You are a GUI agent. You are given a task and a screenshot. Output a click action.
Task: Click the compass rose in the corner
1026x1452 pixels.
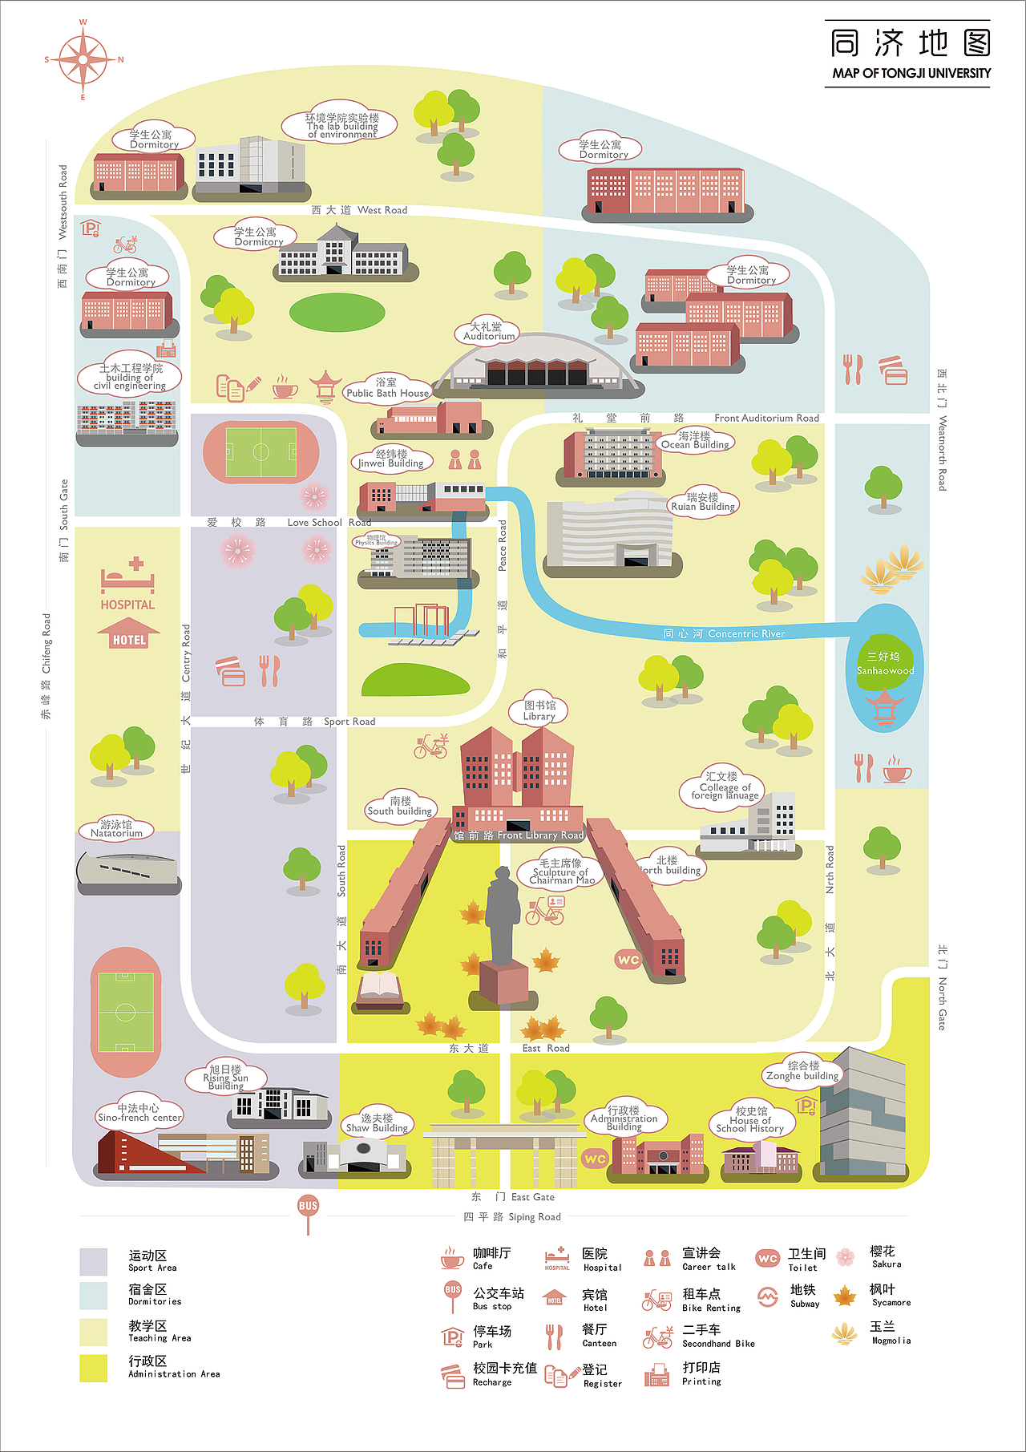coord(83,59)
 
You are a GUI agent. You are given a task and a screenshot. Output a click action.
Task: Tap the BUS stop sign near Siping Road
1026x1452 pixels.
coord(308,1207)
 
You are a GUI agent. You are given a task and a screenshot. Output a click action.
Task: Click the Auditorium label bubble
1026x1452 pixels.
coord(487,332)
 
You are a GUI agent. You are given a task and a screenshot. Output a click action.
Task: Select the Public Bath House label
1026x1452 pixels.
coord(388,389)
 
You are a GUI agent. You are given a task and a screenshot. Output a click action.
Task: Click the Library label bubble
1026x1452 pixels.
coord(539,711)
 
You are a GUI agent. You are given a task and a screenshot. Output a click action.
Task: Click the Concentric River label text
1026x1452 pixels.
coord(724,634)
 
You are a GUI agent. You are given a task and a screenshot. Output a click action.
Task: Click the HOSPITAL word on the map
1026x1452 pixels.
coord(127,605)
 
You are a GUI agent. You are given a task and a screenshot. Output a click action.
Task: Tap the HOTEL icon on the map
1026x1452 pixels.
coord(129,634)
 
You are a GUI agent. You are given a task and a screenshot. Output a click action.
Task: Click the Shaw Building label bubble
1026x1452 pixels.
coord(377,1123)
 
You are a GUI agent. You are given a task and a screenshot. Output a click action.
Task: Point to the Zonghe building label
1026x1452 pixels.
coord(802,1071)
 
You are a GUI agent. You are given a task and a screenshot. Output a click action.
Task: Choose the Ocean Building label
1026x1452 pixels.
coord(695,440)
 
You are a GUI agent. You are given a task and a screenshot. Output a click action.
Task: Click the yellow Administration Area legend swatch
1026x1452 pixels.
coord(94,1368)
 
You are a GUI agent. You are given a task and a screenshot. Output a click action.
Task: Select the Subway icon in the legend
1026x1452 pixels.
coord(768,1296)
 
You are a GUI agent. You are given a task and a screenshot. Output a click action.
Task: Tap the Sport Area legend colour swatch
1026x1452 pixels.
coord(94,1261)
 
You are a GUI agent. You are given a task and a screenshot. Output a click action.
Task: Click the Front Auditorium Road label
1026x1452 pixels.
coord(766,419)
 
